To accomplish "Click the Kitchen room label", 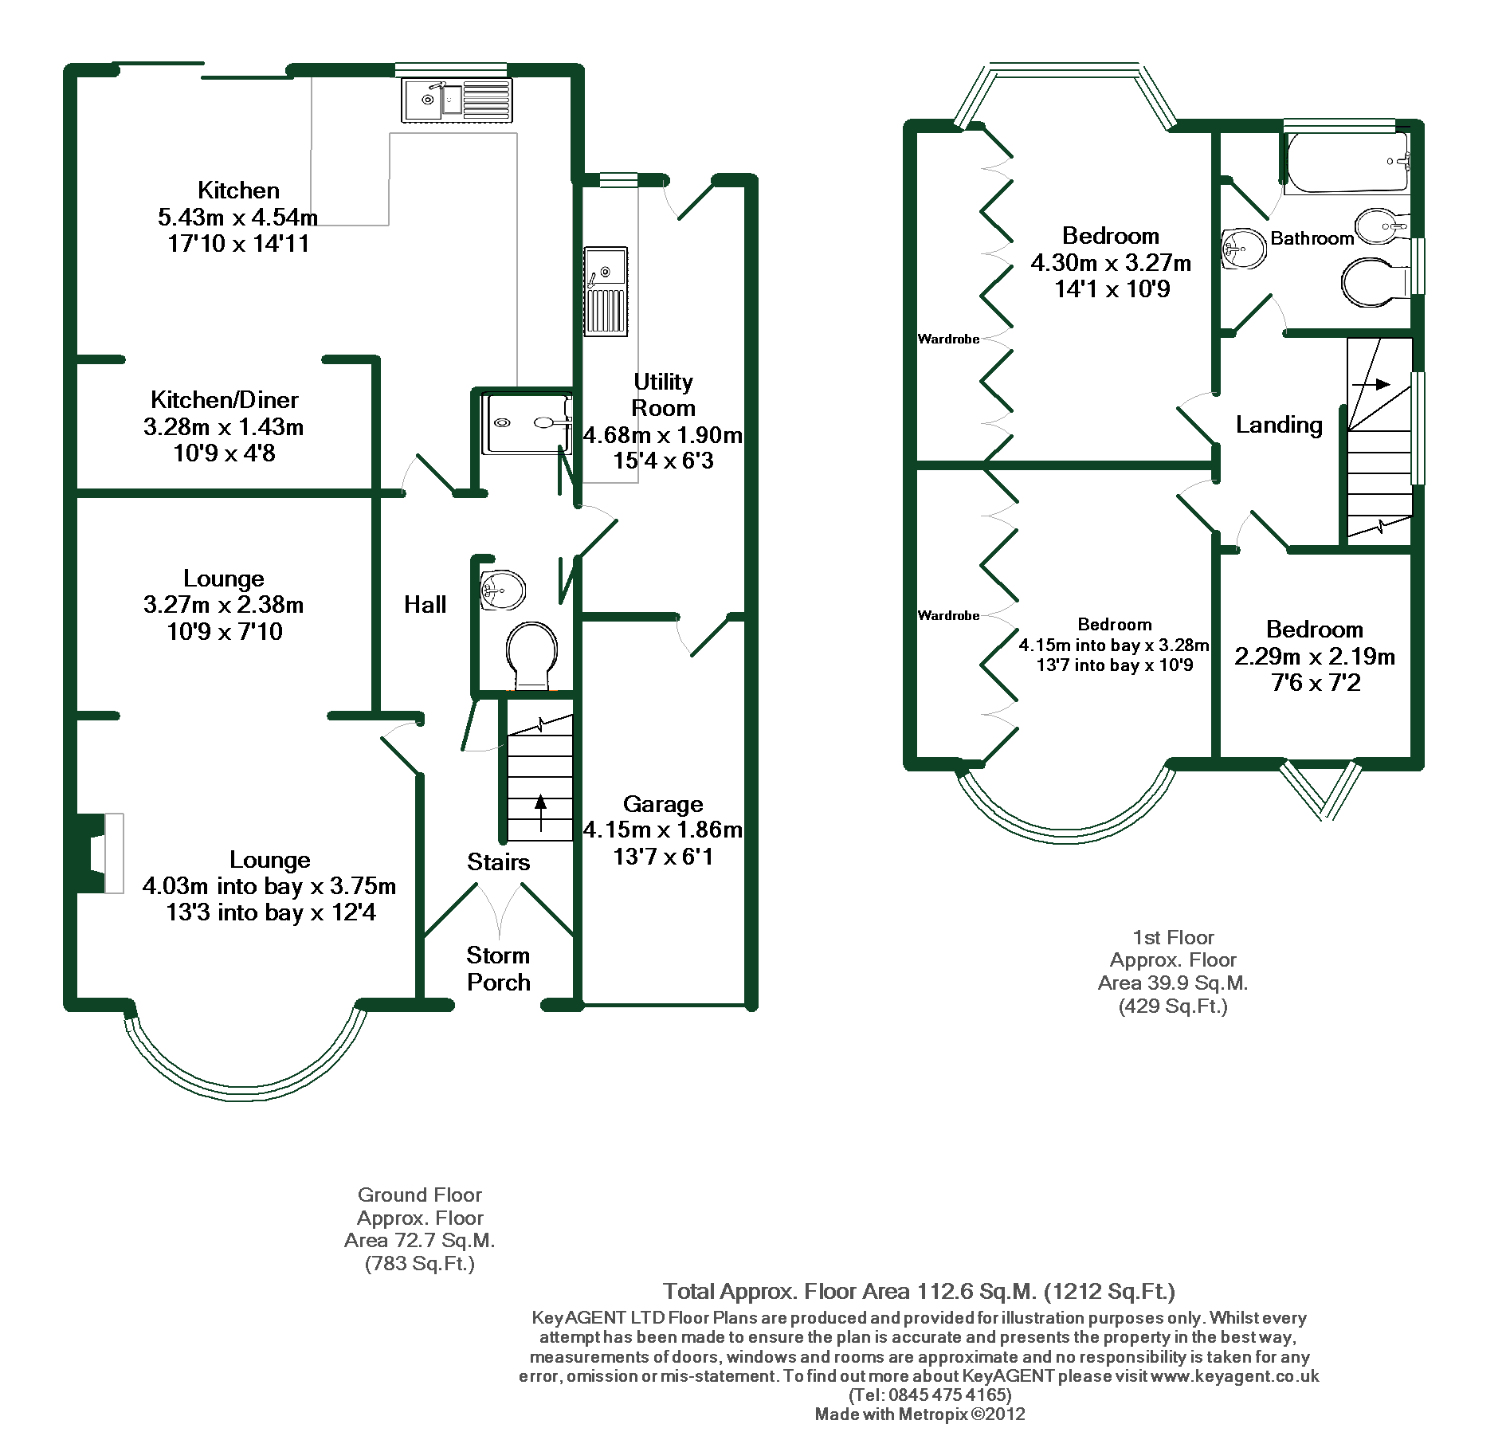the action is click(238, 190).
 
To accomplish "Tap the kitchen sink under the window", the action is click(457, 100).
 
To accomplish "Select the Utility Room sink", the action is click(606, 291).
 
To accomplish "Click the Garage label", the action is click(663, 804).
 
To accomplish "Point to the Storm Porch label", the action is click(499, 969).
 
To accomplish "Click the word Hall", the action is click(425, 605).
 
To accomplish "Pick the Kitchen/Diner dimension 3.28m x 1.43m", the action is click(223, 427).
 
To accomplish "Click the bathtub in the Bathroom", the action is click(1347, 163).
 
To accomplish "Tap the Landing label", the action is click(1279, 426).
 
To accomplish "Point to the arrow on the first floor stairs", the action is click(1371, 384).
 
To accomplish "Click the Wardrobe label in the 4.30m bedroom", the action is click(948, 339).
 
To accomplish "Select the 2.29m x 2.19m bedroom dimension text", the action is click(1315, 657).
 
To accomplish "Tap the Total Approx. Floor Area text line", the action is click(919, 1291).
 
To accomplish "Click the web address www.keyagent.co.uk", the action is click(1234, 1376).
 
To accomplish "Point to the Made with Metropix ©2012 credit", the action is click(920, 1414).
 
